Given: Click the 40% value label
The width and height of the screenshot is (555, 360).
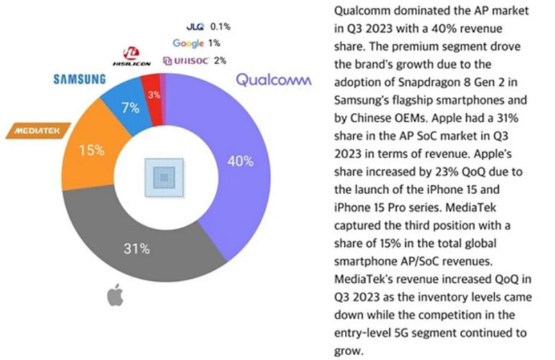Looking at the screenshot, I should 240,161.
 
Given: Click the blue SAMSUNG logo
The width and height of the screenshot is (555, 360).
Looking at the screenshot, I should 80,79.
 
